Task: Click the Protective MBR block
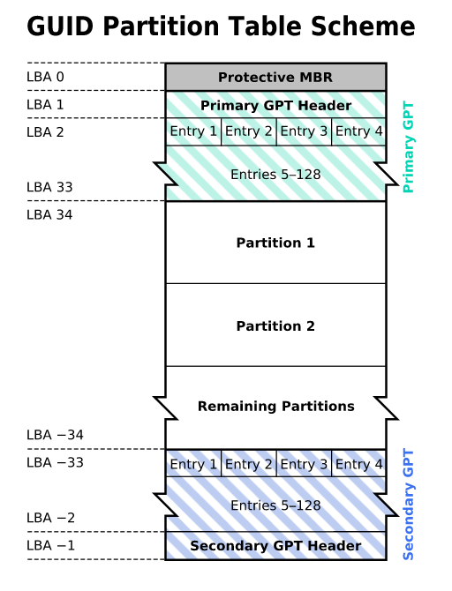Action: coord(275,78)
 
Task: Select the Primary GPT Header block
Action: coord(275,105)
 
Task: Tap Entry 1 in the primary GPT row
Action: coord(193,131)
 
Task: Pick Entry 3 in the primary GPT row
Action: coord(304,131)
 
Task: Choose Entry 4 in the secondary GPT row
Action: coord(358,464)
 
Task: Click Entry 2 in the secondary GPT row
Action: coord(249,464)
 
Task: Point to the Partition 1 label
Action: coord(275,243)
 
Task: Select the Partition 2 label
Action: coord(275,326)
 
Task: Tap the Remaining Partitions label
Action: coord(275,407)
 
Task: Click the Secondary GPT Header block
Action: coord(275,546)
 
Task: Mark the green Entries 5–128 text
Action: coord(275,175)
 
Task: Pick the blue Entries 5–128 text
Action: coord(275,505)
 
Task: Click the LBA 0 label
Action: coord(45,77)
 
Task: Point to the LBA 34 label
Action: coord(49,215)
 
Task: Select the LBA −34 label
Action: coord(55,435)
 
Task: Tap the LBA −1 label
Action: coord(51,545)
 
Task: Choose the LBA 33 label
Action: coord(49,187)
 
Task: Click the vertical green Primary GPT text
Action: coord(408,147)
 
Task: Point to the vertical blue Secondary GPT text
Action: coord(408,505)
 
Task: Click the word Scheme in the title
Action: coord(363,26)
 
